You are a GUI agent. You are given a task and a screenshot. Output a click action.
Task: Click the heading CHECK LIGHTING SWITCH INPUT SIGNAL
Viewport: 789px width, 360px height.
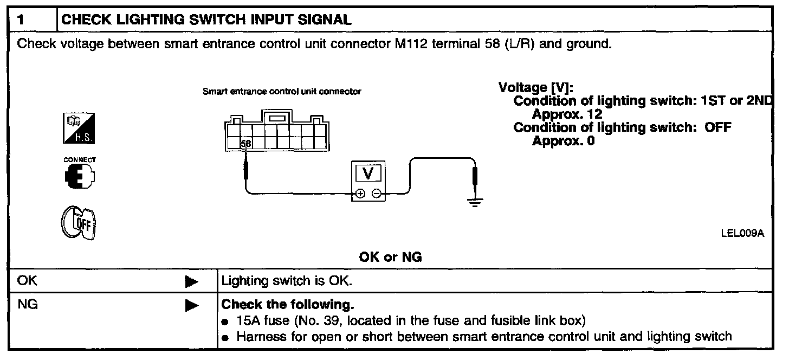click(207, 21)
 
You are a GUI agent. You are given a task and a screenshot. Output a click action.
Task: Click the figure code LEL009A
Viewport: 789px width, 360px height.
click(742, 234)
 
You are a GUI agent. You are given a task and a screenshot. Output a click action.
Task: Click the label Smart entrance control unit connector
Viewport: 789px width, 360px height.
click(282, 92)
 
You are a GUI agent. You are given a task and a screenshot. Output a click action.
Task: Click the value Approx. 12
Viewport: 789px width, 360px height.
click(567, 114)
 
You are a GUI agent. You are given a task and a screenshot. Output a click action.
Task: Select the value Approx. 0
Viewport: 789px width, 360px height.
click(564, 141)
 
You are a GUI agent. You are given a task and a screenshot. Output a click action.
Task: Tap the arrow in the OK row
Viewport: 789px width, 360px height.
click(191, 282)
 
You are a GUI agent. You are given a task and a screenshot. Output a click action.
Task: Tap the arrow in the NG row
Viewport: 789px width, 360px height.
click(191, 306)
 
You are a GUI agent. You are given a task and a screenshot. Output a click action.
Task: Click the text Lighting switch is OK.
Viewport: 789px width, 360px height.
click(287, 282)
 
